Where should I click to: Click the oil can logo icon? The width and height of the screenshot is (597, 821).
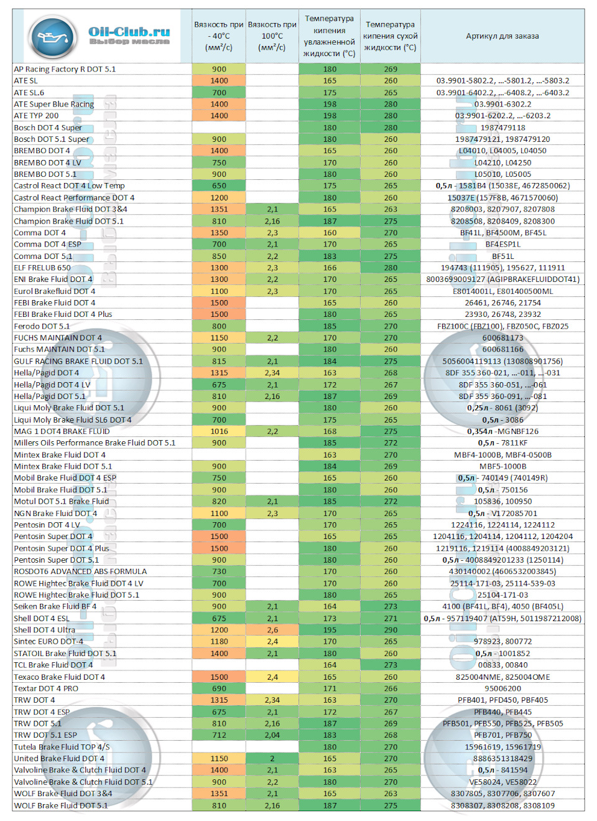click(x=53, y=37)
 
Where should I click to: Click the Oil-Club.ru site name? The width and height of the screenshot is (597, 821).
click(x=129, y=31)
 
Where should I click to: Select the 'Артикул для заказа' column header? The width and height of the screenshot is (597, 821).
click(x=502, y=36)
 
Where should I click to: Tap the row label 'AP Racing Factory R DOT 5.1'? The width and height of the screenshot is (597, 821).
click(x=65, y=69)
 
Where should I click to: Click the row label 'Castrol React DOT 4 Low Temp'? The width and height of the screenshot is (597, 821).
click(x=69, y=185)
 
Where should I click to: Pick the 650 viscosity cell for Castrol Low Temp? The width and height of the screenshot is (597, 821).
click(x=219, y=185)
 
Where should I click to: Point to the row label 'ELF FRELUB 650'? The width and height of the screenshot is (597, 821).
click(x=42, y=268)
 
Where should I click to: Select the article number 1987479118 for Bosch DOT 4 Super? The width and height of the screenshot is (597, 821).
click(x=502, y=128)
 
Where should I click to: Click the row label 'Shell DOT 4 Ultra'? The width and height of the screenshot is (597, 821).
click(x=44, y=630)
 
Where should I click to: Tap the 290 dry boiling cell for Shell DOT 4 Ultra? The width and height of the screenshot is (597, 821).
click(x=391, y=630)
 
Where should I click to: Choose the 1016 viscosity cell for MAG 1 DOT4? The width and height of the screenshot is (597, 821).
click(x=219, y=431)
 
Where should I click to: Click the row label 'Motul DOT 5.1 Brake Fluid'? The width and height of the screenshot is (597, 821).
click(x=61, y=501)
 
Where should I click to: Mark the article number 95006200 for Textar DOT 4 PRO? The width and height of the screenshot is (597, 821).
click(x=502, y=688)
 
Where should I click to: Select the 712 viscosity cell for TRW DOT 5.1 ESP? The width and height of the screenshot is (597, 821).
click(x=219, y=735)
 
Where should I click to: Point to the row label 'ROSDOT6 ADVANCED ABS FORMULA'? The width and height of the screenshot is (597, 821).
click(x=80, y=571)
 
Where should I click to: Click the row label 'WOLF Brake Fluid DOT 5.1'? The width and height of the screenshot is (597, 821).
click(x=60, y=805)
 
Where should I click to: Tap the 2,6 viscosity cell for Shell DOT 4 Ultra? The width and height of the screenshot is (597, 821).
click(x=272, y=630)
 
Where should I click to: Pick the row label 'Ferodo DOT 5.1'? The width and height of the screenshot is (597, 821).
click(x=42, y=326)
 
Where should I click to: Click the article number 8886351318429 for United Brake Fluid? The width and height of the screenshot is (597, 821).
click(x=502, y=759)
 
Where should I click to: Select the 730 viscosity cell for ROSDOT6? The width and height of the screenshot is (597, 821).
click(x=219, y=571)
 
